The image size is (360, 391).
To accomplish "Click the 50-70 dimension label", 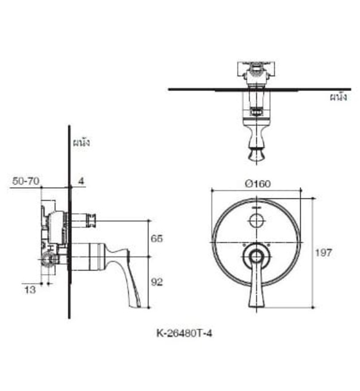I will point(25,181).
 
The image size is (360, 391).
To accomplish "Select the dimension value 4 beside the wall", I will point(81,181).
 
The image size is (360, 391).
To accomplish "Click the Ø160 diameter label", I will point(256,183).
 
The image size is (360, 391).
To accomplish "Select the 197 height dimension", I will point(323,252).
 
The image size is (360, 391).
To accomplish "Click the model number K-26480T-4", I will point(184,333).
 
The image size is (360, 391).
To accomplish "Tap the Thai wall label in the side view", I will point(81,142).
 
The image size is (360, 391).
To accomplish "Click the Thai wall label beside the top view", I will point(338,97).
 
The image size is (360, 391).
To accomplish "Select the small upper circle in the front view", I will point(256,221).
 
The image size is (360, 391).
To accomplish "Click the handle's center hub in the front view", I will point(256,257).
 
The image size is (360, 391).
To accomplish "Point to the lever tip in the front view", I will point(256,302).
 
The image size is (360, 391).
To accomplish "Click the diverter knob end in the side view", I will point(93,221).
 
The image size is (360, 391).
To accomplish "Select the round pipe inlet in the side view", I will point(49,259).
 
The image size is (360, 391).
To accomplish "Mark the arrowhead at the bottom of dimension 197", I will point(312,306).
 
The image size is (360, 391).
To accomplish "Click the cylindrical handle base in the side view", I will point(87,256).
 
